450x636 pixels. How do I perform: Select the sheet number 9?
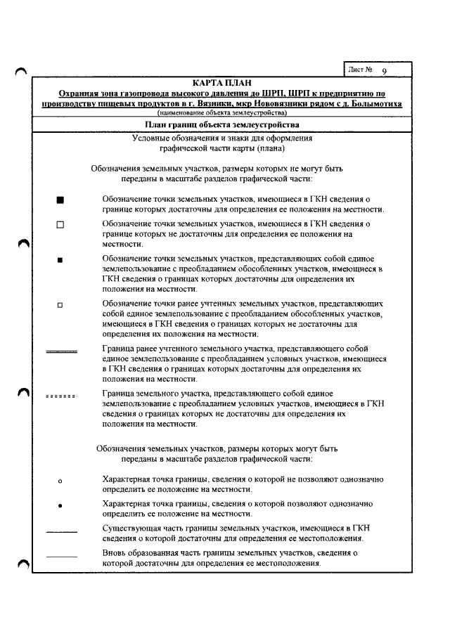coord(385,72)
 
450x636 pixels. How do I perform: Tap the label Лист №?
coord(359,70)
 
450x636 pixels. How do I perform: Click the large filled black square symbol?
coord(60,200)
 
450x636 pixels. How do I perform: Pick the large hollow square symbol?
coord(60,226)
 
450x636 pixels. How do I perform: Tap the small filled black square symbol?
coord(60,260)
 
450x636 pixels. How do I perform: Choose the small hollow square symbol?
coord(60,305)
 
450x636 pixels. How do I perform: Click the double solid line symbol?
coord(61,351)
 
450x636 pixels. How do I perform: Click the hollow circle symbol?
coord(60,481)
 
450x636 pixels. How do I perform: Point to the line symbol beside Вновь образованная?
coord(61,557)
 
